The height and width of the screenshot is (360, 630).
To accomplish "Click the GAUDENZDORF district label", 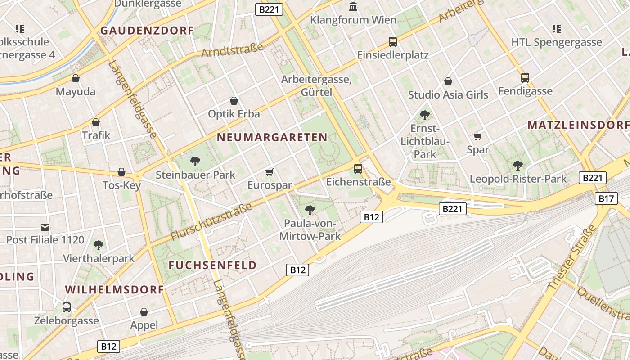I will (147, 31).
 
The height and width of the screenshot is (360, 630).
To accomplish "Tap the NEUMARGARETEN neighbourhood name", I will (272, 137).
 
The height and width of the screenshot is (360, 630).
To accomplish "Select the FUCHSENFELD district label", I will (213, 265).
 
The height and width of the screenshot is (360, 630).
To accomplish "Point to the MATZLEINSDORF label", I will (578, 125).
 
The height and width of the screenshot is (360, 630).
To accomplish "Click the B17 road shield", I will (606, 198).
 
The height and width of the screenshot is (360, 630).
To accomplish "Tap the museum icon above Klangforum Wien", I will (353, 7).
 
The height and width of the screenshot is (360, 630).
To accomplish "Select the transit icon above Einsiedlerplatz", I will (393, 42).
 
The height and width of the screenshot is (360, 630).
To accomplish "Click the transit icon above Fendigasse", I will (525, 77).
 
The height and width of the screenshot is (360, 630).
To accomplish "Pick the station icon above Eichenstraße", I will (358, 169).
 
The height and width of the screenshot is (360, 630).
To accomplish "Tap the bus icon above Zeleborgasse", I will (67, 307).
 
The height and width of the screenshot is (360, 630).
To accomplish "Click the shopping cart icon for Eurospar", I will (270, 172).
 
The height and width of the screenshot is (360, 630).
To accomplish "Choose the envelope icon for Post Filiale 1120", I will (45, 227).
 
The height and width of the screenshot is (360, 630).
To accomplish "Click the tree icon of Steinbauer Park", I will (195, 161).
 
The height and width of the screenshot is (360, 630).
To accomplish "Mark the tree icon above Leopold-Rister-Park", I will (518, 165).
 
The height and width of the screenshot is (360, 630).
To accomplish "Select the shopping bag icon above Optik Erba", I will (234, 101).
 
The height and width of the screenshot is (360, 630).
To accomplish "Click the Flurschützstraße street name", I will (211, 222).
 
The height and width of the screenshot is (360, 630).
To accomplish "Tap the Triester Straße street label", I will (572, 258).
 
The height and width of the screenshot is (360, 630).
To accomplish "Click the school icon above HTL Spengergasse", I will (557, 29).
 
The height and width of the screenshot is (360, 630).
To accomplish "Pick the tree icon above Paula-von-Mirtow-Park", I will (310, 210).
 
